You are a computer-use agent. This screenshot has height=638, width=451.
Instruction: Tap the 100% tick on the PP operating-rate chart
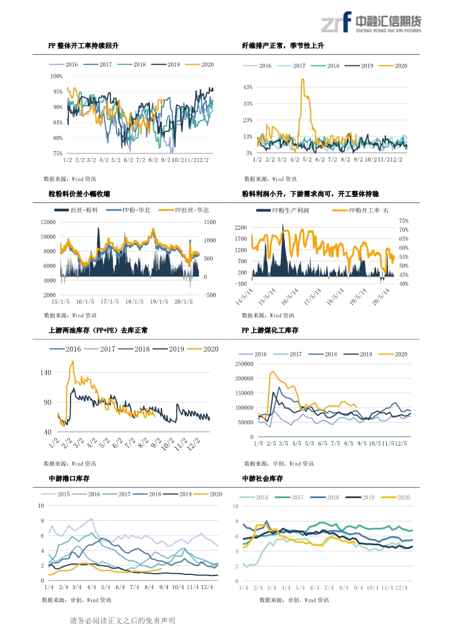coord(57,76)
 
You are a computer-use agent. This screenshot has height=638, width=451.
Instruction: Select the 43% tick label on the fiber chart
coord(247,87)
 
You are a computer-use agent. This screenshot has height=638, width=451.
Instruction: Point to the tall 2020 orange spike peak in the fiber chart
coord(303,80)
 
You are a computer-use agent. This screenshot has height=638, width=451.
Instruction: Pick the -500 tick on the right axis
coord(210,295)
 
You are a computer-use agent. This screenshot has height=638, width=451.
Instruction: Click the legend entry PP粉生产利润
coord(283,210)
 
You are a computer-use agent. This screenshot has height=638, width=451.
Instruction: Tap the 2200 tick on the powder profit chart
coord(241,227)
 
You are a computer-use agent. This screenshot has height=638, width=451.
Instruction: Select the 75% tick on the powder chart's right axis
coord(404,221)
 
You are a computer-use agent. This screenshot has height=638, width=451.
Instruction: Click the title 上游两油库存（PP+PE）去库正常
coord(98,330)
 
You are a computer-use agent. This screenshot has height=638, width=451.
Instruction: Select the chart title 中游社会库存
coord(262,479)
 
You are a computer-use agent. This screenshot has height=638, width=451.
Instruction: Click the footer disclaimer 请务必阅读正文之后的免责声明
coord(122,621)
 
